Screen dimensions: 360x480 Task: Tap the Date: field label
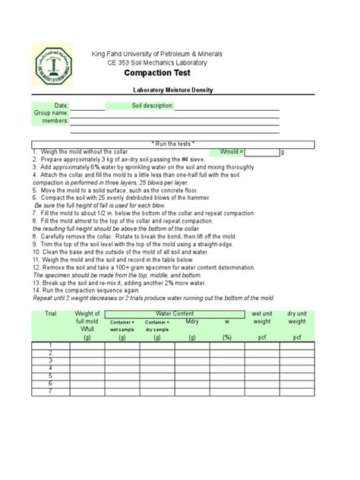[61, 105]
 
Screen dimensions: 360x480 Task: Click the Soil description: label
[153, 105]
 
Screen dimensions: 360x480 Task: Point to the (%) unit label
[226, 336]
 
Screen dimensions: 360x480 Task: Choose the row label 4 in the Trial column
[51, 368]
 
